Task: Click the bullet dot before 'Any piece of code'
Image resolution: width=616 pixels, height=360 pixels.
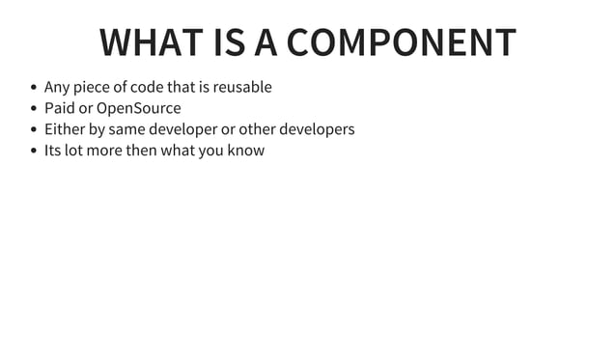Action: point(34,88)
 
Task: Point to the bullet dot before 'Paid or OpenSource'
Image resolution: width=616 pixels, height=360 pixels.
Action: point(34,109)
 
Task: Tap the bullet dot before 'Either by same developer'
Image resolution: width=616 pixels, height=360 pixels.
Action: point(34,130)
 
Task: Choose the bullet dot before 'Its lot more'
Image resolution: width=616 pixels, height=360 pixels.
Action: point(34,152)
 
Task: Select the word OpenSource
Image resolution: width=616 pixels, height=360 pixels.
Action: point(139,108)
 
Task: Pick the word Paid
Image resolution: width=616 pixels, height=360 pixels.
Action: point(59,108)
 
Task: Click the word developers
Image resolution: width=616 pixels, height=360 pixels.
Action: point(317,129)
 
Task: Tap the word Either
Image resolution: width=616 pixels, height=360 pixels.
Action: point(64,129)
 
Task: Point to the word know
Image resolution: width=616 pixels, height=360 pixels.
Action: point(245,151)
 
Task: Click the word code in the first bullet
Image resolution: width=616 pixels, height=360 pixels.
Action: point(146,87)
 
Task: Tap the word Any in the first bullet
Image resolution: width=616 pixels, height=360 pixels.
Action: point(57,88)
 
